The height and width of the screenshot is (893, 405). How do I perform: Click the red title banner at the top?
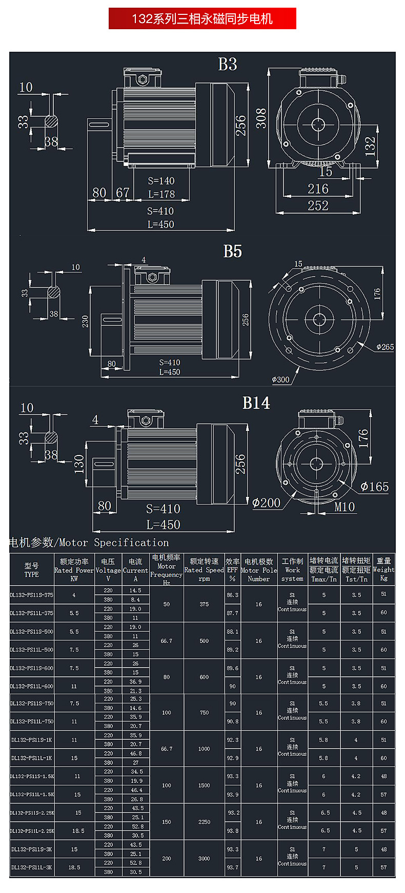[202, 19]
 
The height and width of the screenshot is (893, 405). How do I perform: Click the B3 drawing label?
[228, 65]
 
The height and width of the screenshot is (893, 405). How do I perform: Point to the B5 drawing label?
[232, 252]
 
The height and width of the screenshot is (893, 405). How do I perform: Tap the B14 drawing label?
[256, 403]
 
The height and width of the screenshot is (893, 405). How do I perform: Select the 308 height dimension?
[261, 118]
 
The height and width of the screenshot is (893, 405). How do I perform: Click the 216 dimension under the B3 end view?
[318, 189]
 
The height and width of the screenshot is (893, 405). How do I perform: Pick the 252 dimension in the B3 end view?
[318, 205]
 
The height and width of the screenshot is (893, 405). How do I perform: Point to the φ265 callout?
[385, 347]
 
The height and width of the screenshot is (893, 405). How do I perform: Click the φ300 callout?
[280, 380]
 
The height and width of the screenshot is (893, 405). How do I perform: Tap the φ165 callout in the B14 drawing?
[375, 487]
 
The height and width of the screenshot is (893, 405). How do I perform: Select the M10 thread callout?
[345, 507]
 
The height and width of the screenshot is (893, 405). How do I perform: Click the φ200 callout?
[266, 503]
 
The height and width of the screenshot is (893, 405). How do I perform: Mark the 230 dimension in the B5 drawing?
[85, 321]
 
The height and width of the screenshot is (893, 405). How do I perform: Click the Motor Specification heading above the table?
[89, 543]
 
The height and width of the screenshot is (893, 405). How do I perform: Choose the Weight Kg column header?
[383, 569]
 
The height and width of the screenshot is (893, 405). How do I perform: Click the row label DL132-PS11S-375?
[32, 595]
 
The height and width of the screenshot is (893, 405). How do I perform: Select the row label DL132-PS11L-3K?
[32, 867]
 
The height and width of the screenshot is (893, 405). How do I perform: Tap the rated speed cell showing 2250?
[204, 822]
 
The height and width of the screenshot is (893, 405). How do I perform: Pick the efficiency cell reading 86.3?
[233, 595]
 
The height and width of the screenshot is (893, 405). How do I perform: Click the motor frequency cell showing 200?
[167, 858]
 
